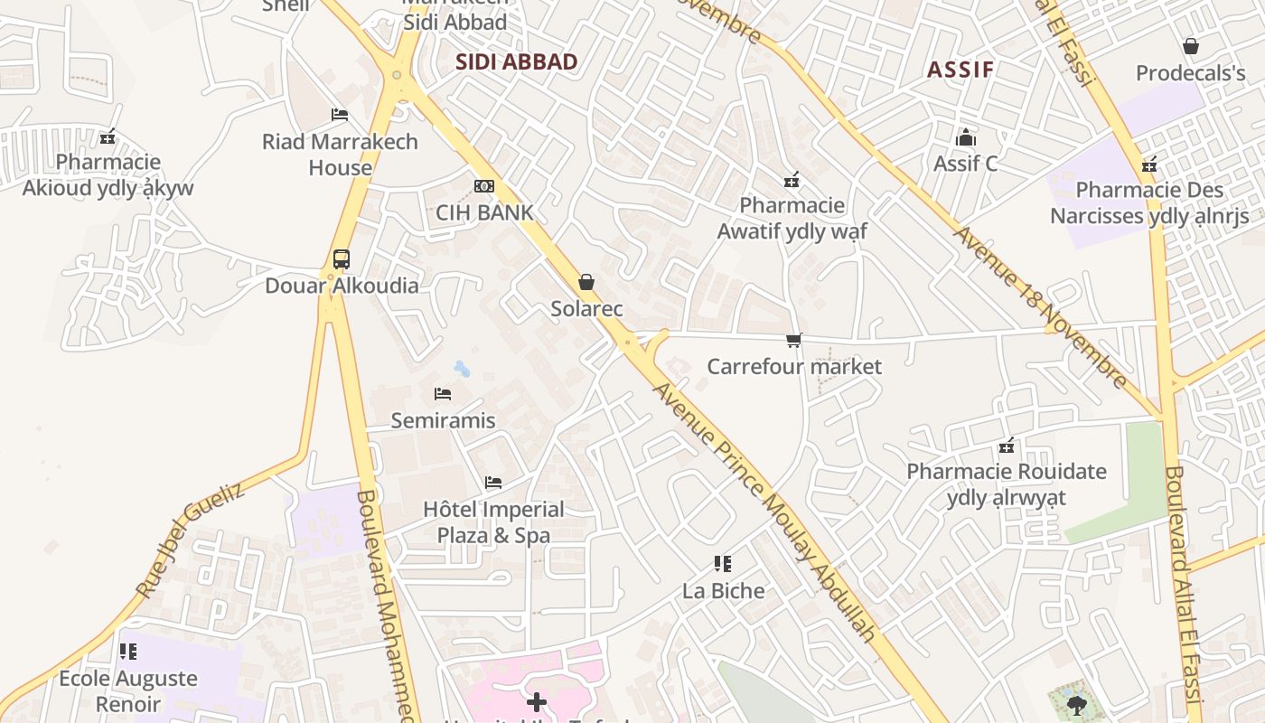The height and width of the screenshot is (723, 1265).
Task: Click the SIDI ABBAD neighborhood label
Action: pyautogui.click(x=516, y=62)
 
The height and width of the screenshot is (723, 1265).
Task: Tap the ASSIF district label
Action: pyautogui.click(x=960, y=70)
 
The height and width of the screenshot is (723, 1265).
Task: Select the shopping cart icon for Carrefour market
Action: pyautogui.click(x=793, y=341)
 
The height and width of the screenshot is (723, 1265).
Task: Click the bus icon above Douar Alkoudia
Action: pyautogui.click(x=341, y=259)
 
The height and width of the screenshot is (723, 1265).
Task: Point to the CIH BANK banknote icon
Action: pyautogui.click(x=484, y=186)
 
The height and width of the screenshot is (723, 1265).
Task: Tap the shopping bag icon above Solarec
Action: pyautogui.click(x=586, y=283)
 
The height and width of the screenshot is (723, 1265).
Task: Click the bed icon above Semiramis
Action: pyautogui.click(x=443, y=394)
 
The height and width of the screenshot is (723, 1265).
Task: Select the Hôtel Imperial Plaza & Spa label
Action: pyautogui.click(x=493, y=522)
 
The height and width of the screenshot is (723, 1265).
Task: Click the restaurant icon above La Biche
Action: pyautogui.click(x=722, y=565)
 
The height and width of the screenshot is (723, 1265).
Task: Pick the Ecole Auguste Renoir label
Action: pyautogui.click(x=128, y=690)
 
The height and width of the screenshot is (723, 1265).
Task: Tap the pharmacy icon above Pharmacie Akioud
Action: pyautogui.click(x=108, y=137)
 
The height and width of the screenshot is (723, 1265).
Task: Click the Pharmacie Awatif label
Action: pyautogui.click(x=792, y=219)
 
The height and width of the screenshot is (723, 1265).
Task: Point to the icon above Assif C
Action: pyautogui.click(x=966, y=138)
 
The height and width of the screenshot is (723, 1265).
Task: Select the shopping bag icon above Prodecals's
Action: pyautogui.click(x=1190, y=46)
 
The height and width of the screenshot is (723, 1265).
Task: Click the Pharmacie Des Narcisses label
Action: pyautogui.click(x=1149, y=203)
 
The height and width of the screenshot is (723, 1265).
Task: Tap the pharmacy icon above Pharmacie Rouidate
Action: pyautogui.click(x=1007, y=446)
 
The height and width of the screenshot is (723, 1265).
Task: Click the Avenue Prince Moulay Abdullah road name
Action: pyautogui.click(x=764, y=512)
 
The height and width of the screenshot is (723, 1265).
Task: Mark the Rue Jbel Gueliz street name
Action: pyautogui.click(x=190, y=540)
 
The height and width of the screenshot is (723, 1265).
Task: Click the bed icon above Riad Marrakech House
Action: pyautogui.click(x=340, y=115)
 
